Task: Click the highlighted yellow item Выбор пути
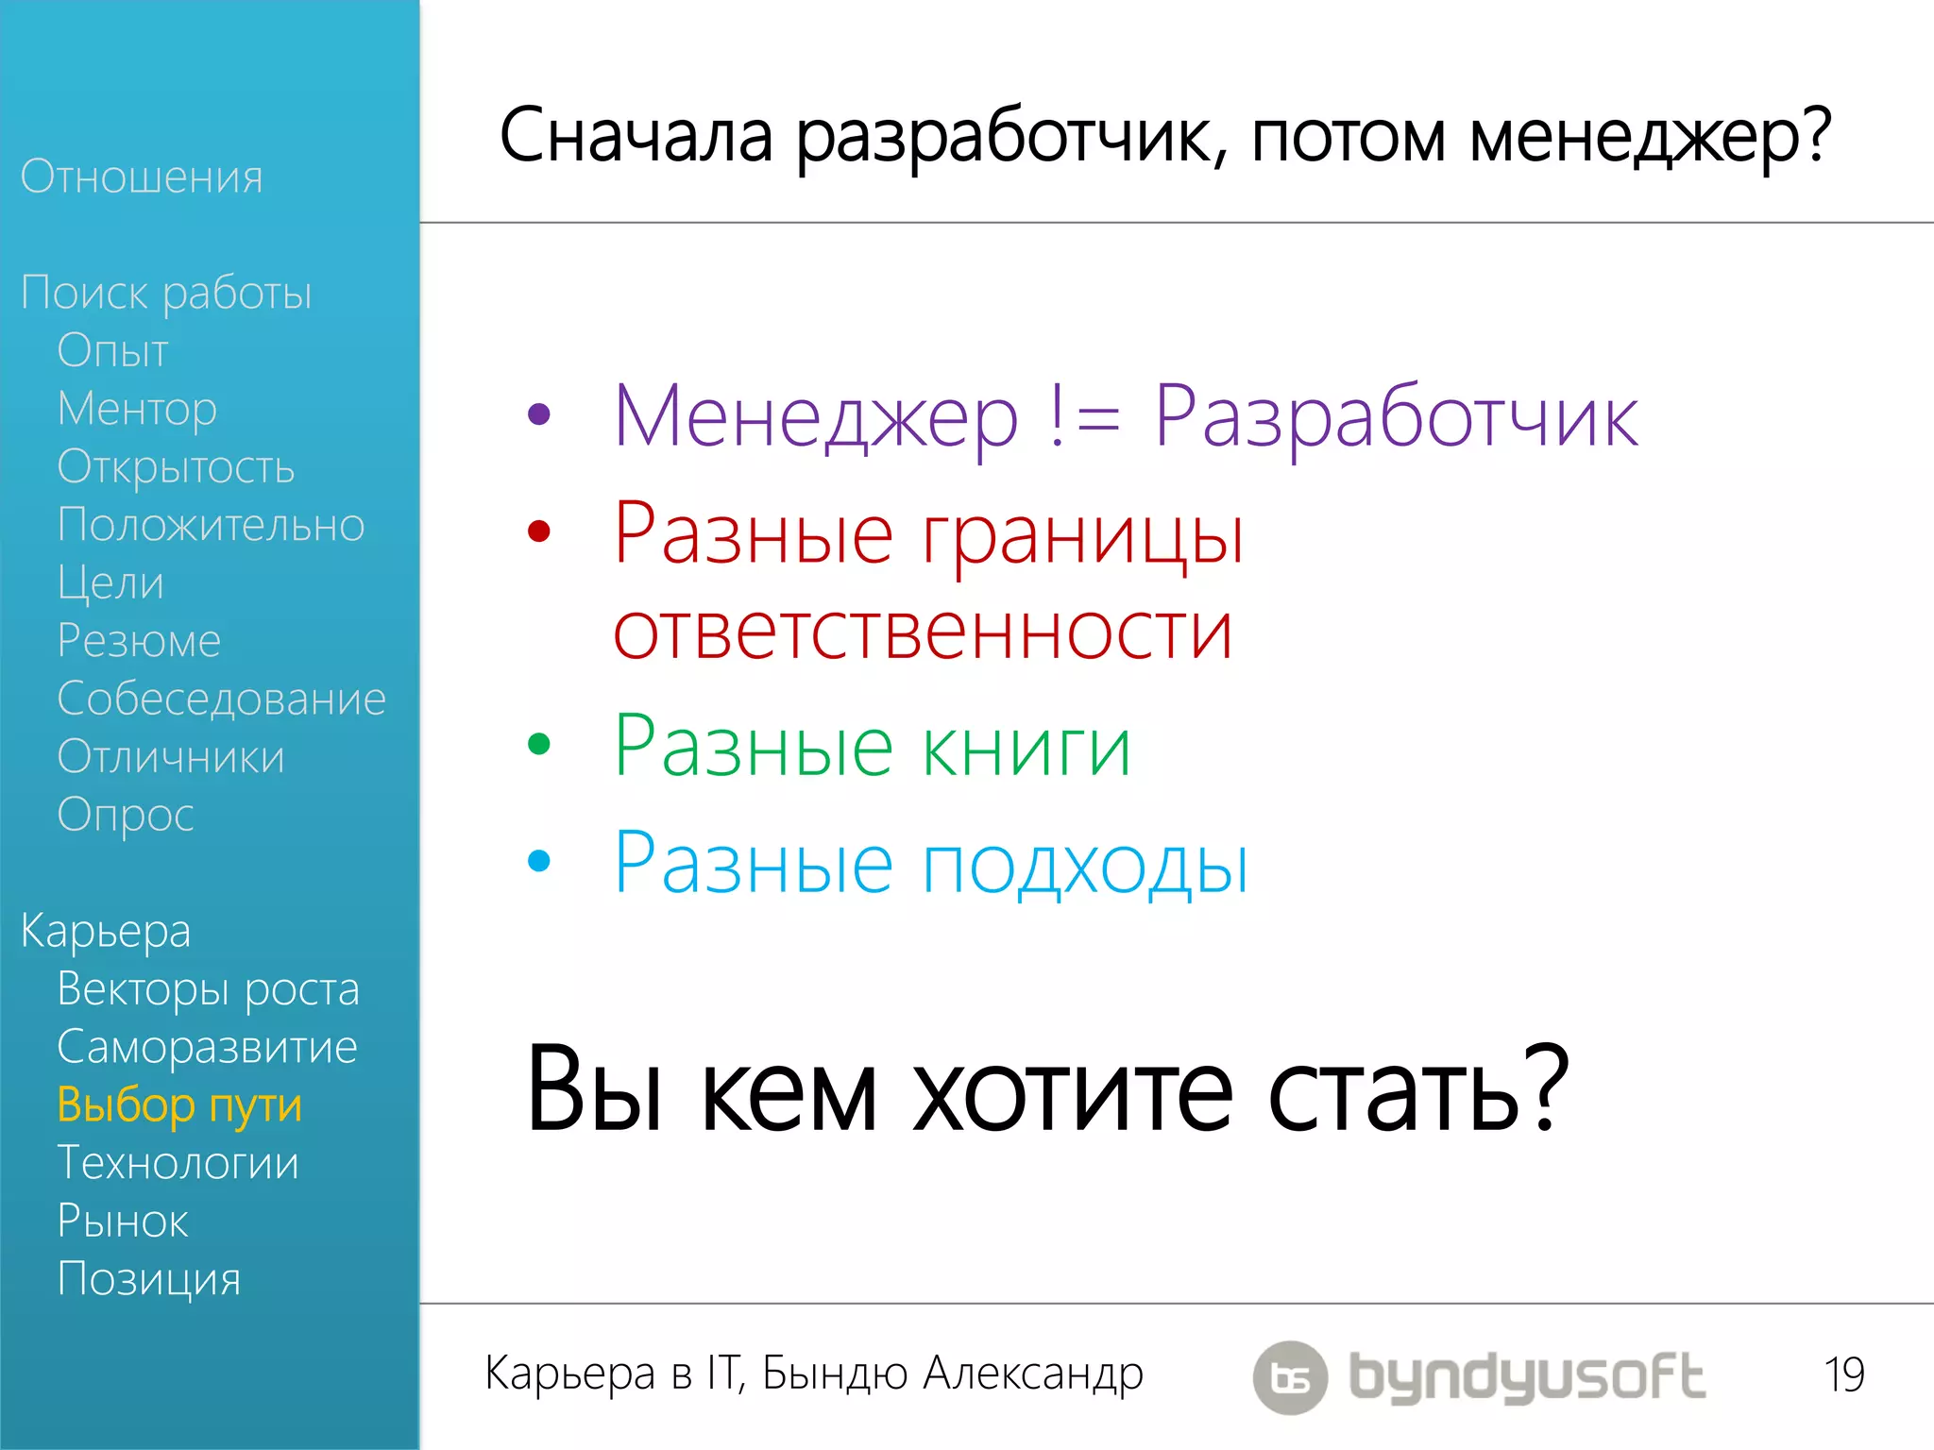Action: (x=179, y=1105)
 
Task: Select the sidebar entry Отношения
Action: (x=142, y=177)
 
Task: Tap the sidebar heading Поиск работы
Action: (x=166, y=293)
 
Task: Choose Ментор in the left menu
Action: (x=137, y=409)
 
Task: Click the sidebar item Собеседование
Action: (x=221, y=699)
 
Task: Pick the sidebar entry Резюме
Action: (x=139, y=641)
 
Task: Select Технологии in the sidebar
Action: (x=178, y=1163)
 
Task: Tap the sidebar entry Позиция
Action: (x=149, y=1279)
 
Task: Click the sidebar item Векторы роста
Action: (x=208, y=989)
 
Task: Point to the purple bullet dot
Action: (x=539, y=413)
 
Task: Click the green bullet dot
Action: (x=539, y=744)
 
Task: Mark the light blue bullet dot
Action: (x=539, y=860)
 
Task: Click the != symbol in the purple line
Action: (x=1085, y=417)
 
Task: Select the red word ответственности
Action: (x=923, y=632)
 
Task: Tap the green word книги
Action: (x=1026, y=748)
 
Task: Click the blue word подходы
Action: (x=1085, y=865)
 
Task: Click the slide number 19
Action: (x=1843, y=1374)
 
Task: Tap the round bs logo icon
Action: (x=1290, y=1377)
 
